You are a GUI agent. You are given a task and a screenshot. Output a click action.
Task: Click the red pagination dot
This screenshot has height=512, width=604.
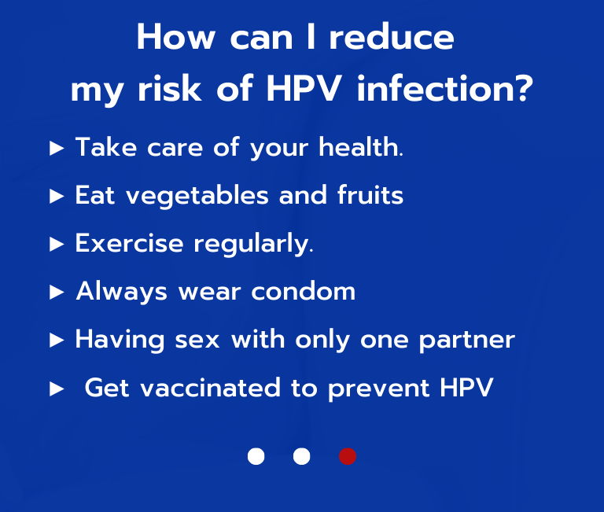[348, 456]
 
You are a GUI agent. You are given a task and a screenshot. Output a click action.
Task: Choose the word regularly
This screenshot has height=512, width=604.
[252, 245]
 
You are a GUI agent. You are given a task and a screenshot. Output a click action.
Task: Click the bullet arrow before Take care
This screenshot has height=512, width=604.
[56, 148]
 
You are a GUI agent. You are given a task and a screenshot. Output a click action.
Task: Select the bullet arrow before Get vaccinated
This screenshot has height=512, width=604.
[56, 389]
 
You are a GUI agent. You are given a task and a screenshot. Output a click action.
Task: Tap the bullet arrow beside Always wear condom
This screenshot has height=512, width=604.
[56, 293]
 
